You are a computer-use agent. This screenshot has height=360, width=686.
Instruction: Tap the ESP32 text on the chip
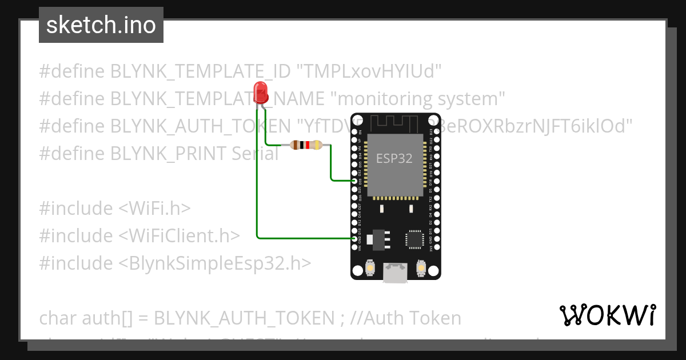(394, 158)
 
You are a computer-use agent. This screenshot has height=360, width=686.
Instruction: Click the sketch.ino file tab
(101, 25)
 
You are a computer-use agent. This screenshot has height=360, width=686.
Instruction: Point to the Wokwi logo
(608, 315)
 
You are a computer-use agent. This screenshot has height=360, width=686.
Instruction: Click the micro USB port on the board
(396, 273)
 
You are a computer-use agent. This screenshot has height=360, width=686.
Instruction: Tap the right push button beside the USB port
(421, 268)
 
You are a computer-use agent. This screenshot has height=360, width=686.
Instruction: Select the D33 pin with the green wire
(354, 181)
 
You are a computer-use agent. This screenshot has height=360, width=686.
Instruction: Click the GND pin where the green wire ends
(354, 238)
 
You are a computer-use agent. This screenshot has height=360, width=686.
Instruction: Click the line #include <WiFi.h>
(114, 209)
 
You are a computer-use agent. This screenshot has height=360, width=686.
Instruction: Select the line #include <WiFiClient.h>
(139, 236)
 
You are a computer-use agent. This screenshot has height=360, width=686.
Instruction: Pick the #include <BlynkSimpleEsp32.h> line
(175, 263)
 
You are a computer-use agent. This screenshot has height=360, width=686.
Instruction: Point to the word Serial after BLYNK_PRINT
(255, 154)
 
